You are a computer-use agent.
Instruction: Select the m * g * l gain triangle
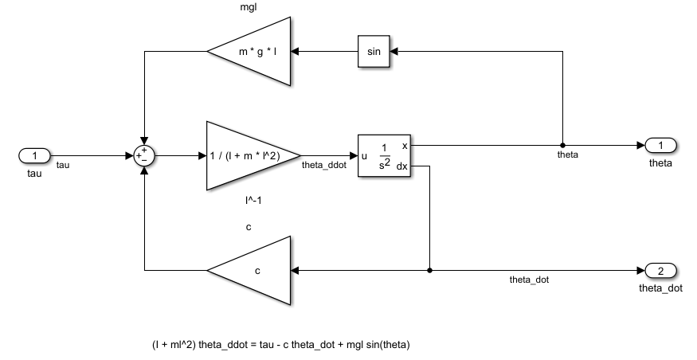pyautogui.click(x=255, y=52)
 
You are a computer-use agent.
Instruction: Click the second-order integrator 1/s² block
pyautogui.click(x=384, y=156)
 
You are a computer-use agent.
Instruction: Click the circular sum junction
pyautogui.click(x=144, y=156)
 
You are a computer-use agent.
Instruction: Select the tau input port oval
pyautogui.click(x=34, y=155)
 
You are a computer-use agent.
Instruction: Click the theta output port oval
pyautogui.click(x=661, y=146)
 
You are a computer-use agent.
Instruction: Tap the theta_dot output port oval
pyautogui.click(x=661, y=270)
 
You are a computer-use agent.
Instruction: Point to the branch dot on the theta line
pyautogui.click(x=562, y=146)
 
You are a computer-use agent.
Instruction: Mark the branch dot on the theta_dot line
pyautogui.click(x=430, y=270)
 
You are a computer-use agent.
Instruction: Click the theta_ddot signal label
pyautogui.click(x=323, y=166)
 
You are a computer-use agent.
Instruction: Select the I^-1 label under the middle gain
pyautogui.click(x=253, y=201)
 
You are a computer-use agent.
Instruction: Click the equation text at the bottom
pyautogui.click(x=281, y=345)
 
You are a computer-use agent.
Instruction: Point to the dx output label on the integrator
pyautogui.click(x=402, y=166)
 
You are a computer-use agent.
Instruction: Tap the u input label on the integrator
pyautogui.click(x=365, y=156)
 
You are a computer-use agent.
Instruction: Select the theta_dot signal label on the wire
pyautogui.click(x=529, y=280)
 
